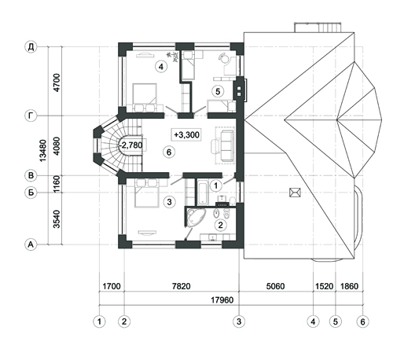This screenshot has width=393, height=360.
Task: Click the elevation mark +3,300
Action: coord(186,134)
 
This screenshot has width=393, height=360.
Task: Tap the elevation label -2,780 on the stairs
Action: coord(130,145)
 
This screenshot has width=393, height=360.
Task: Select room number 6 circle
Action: coord(169,152)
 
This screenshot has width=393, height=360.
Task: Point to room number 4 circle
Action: coord(161,67)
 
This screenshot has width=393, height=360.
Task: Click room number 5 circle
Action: coord(218,91)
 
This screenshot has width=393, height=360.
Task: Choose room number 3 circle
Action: coord(169,202)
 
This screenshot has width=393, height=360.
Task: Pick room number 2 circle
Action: coord(220,225)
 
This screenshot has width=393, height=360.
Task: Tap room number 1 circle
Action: coord(216,186)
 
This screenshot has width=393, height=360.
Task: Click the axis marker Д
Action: coord(31,47)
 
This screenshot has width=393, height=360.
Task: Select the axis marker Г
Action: coord(31,116)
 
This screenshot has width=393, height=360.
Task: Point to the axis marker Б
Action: coord(31,193)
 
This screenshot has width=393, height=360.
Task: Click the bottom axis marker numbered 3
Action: coord(239,321)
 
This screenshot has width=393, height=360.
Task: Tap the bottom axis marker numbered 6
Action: coord(362,321)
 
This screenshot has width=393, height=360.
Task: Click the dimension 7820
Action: coord(182,286)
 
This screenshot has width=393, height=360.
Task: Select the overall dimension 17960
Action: coord(222,299)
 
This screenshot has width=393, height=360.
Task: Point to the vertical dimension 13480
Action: coord(42,150)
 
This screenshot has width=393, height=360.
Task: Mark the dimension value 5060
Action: coord(275,286)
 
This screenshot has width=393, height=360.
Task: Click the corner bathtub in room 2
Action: coord(194,217)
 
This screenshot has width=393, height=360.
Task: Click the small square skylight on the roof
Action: coord(295,193)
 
